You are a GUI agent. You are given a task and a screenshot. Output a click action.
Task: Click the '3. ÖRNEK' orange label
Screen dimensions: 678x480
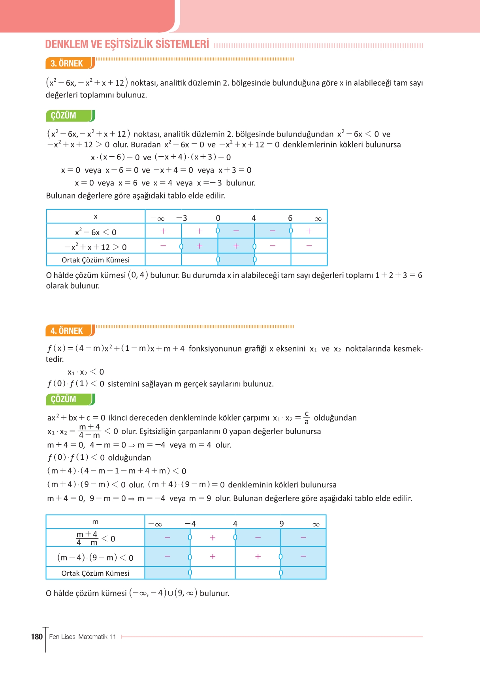coord(67,64)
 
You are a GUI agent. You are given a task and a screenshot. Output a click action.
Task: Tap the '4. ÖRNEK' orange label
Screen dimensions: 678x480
coord(67,331)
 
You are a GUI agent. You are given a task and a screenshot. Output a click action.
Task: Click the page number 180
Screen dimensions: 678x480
coord(37,637)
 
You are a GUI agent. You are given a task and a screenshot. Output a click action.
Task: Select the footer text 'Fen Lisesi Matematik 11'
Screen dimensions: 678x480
coord(83,637)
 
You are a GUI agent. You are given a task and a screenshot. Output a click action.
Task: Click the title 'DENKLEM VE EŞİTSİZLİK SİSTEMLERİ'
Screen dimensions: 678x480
coord(127,44)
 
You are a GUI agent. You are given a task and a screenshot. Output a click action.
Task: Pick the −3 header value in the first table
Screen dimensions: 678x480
coord(182,218)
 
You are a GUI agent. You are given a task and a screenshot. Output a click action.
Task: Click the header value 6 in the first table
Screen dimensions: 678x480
coord(290,218)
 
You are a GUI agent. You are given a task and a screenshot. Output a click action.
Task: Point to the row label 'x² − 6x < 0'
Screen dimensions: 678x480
coord(96,232)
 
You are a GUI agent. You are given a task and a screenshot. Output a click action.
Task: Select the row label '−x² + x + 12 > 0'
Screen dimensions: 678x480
coord(96,247)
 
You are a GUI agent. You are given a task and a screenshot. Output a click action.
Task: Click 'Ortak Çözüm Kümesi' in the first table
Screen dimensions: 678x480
coord(96,260)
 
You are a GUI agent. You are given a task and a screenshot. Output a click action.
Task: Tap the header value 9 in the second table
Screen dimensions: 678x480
coord(282,524)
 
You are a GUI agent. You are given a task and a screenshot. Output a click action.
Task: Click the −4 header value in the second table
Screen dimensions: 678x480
coord(190,524)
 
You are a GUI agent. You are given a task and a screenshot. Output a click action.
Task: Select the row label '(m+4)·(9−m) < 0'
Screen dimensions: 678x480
coord(95,557)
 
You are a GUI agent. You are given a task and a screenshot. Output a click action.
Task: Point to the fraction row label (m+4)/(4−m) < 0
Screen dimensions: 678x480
coord(95,538)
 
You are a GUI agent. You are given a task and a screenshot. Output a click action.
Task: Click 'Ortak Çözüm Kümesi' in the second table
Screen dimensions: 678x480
coord(95,573)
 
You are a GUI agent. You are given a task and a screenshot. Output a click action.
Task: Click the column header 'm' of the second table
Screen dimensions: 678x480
coord(95,522)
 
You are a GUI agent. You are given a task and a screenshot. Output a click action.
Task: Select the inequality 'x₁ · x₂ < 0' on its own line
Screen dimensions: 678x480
coord(86,372)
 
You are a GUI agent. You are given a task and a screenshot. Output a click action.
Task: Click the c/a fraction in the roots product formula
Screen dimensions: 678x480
coord(307,418)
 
